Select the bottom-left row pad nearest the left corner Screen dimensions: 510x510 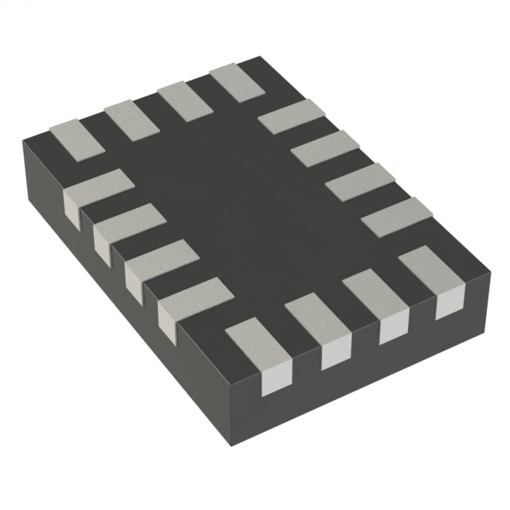[93, 191]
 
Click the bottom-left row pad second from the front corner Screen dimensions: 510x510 [159, 262]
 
